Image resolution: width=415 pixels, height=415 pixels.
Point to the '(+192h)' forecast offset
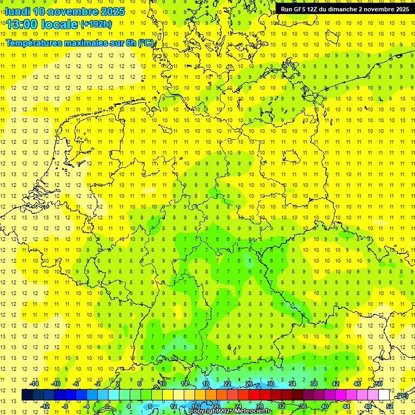coord(96,24)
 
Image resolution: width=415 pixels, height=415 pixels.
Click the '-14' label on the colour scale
coord(34,384)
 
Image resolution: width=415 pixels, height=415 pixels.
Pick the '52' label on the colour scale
coord(390,406)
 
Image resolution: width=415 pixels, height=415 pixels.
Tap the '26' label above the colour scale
coord(249,384)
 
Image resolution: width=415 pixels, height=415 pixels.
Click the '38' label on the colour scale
coord(314,384)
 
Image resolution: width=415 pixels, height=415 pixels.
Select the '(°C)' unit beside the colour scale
coord(401,396)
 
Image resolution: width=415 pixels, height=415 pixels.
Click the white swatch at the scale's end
coord(384,395)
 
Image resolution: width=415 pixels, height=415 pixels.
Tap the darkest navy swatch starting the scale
coord(27,395)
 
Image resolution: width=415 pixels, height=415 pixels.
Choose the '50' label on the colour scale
coord(379,384)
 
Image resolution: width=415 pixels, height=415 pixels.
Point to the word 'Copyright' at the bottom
coord(206,411)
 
